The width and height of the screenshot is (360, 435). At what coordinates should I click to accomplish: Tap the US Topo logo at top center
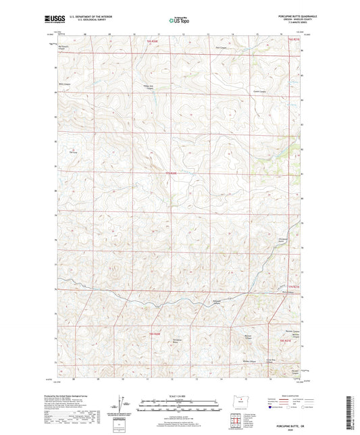pos(180,20)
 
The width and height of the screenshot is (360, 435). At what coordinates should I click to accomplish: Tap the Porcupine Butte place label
pos(178,338)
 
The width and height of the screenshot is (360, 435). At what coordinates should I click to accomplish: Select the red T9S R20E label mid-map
pos(172,172)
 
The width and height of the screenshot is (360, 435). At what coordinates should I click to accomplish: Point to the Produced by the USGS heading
pos(75,396)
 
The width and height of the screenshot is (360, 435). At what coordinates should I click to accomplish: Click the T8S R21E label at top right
pos(292,41)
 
